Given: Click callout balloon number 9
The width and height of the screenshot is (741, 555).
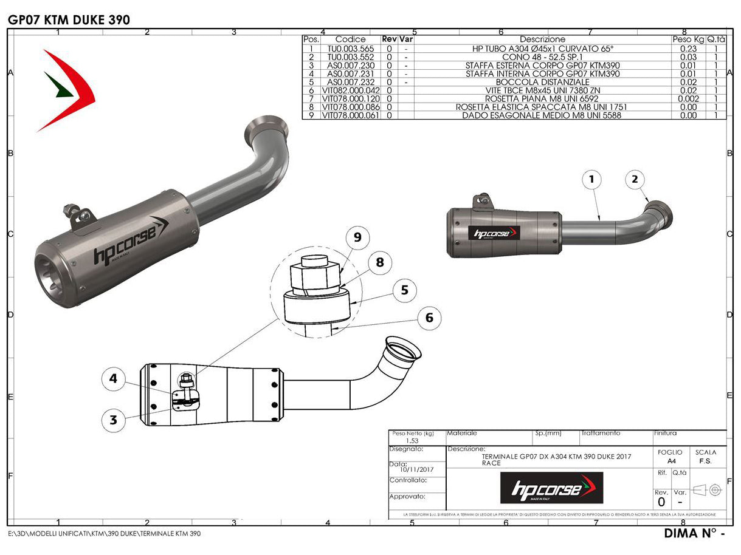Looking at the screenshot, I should tap(357, 237).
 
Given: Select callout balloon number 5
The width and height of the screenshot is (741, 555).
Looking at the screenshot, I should tap(404, 290).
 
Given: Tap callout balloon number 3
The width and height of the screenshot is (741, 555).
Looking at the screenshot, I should tap(113, 418).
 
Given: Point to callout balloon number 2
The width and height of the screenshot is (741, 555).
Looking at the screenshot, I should tap(635, 179).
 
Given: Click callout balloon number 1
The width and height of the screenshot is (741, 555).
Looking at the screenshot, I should tap(591, 179).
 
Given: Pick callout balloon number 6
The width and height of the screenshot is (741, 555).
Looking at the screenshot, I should tap(429, 318).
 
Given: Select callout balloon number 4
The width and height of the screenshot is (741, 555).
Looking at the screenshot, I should tap(113, 380).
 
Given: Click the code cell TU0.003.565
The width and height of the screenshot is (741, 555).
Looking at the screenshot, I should tap(351, 48).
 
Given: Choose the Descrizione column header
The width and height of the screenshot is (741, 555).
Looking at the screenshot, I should tap(542, 39).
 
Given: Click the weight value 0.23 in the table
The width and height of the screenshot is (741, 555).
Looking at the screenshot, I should tap(688, 48).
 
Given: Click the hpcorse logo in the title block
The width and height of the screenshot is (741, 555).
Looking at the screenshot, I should tap(551, 488).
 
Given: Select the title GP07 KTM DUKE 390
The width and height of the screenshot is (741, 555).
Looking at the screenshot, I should tap(69, 19).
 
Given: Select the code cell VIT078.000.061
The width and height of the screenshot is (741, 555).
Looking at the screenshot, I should tap(351, 115).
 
